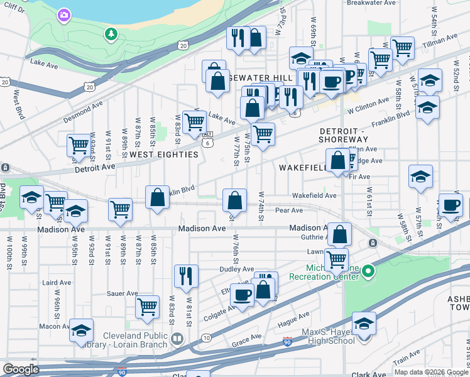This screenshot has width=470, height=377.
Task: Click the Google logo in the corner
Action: [x=21, y=369]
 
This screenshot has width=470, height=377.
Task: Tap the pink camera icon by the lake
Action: [x=64, y=14]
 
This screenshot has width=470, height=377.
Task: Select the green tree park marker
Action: [x=111, y=33]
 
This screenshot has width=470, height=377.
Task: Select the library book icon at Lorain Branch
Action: [x=178, y=340]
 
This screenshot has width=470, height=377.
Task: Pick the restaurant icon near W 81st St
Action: [x=186, y=276]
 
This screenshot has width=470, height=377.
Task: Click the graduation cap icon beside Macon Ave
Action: [x=81, y=331]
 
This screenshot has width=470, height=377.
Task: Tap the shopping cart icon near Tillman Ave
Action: [x=402, y=47]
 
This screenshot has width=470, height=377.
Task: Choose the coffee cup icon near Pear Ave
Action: [x=450, y=204]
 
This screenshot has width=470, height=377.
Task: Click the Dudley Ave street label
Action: [x=219, y=270]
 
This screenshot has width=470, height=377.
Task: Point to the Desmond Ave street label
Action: [x=83, y=112]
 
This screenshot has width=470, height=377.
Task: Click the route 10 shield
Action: [x=206, y=338]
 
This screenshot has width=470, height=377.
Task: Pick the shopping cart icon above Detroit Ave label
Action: [x=79, y=145]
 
